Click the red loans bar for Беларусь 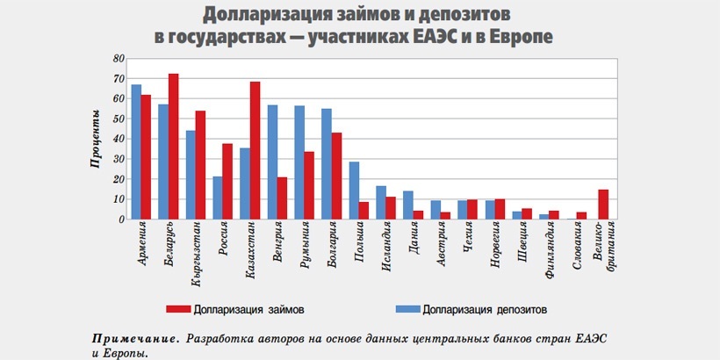click(x=174, y=146)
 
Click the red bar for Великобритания click(x=603, y=204)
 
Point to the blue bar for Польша click(x=354, y=190)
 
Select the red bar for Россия click(x=227, y=181)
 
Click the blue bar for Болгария click(x=327, y=163)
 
